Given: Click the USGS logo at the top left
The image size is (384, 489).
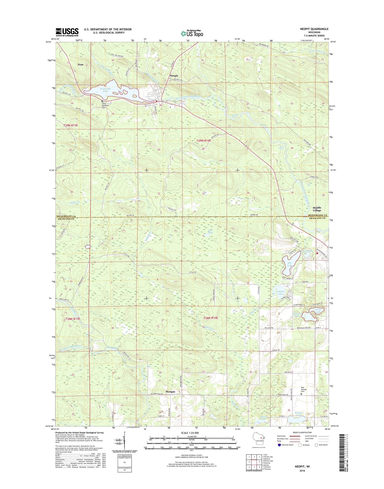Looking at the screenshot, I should (x=67, y=32).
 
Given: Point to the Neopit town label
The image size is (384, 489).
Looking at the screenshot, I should (x=174, y=76).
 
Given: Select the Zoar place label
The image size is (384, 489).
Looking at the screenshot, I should (x=81, y=65).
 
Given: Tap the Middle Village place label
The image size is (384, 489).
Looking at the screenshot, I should (x=317, y=209).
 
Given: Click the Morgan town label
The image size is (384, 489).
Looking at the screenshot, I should (x=170, y=392).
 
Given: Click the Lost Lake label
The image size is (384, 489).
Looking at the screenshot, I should (x=210, y=231).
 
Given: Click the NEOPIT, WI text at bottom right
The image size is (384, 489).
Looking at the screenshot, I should (x=302, y=466).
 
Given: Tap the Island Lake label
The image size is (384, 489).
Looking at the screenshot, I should (x=281, y=293).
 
